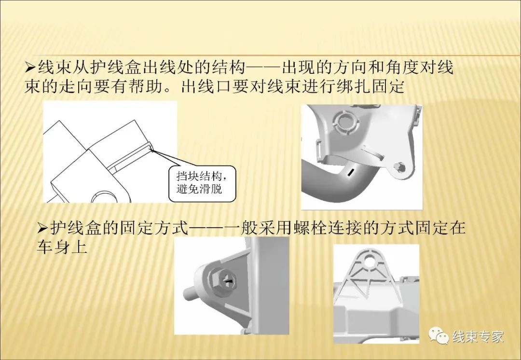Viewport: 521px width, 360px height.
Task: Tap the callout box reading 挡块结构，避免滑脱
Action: point(202,181)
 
